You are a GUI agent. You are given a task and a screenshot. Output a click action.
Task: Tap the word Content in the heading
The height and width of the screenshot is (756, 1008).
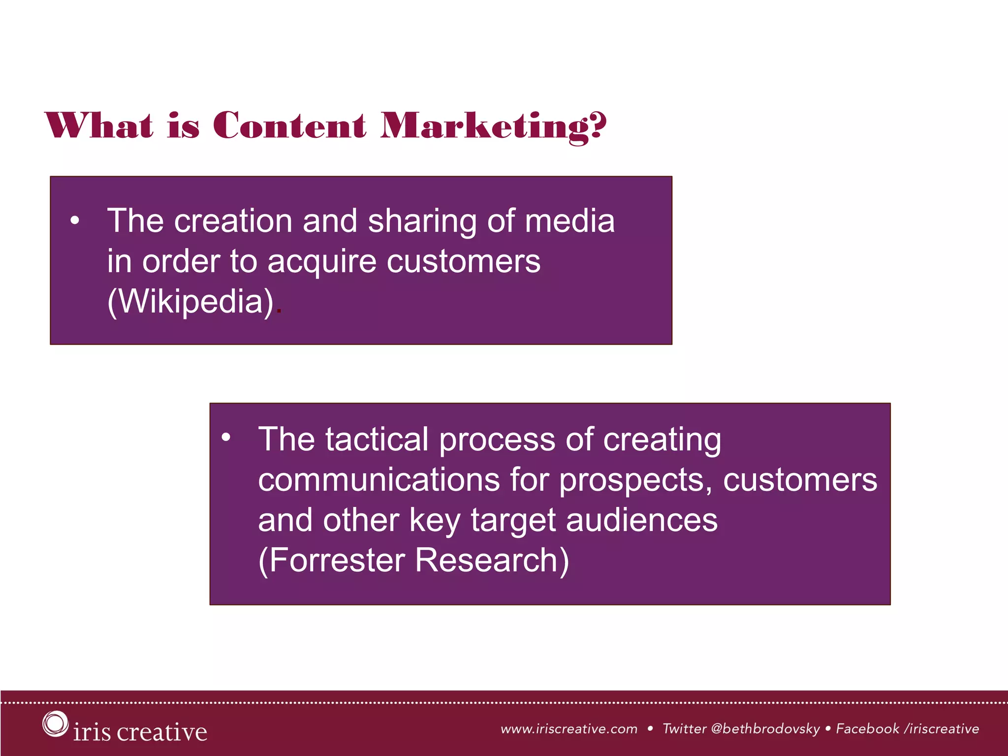pos(289,126)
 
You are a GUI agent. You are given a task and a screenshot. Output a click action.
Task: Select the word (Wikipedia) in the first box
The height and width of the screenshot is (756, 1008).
pos(190,301)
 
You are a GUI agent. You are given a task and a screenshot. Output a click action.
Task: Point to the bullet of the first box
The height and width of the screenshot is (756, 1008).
pos(74,221)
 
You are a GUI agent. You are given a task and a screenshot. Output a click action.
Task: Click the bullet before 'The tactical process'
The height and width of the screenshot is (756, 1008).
pos(226,437)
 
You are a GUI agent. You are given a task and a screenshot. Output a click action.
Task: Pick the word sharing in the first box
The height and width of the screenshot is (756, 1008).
pos(422,221)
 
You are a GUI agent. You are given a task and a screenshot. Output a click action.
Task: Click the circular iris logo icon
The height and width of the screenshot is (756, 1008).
pos(55,724)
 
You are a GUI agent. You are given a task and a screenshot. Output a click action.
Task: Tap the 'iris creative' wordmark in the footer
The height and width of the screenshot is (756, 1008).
pos(140,732)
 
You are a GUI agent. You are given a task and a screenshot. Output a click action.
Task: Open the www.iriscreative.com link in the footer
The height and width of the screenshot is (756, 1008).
pos(569,729)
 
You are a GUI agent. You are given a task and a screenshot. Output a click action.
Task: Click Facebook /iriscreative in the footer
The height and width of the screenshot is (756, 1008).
pos(907,729)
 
